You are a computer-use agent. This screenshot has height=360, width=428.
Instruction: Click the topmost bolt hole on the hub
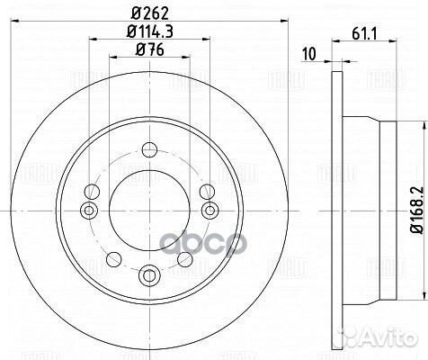point(148,148)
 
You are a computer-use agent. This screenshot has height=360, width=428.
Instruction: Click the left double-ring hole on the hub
point(88,211)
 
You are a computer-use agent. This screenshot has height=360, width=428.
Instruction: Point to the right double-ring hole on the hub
point(209,211)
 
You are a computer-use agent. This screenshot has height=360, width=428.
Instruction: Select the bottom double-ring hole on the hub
point(148,272)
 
